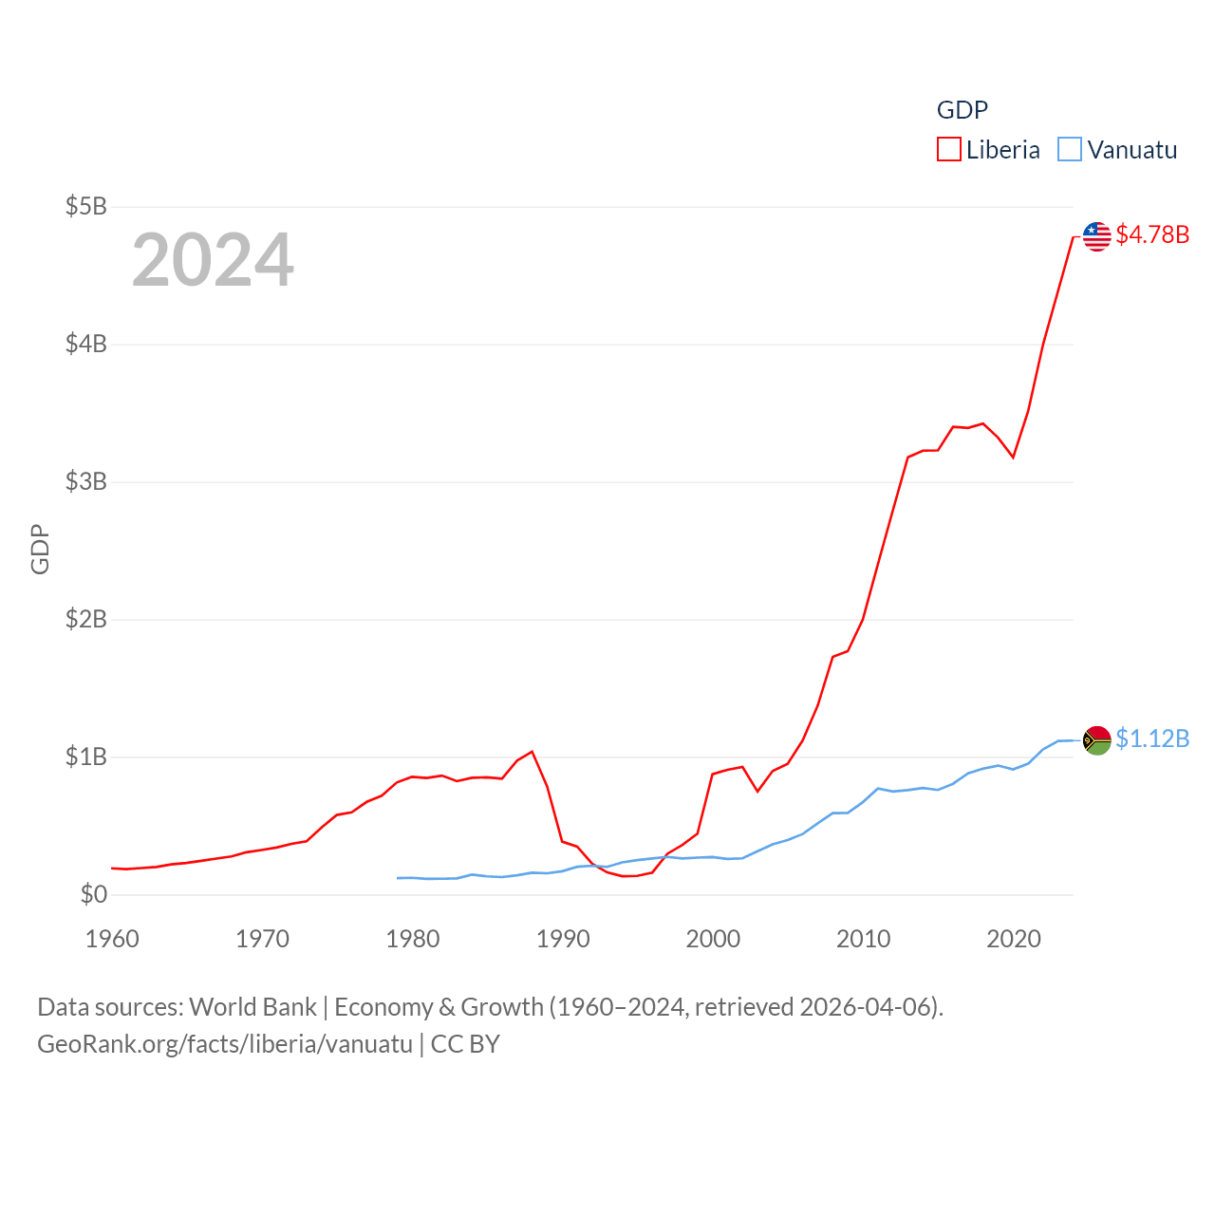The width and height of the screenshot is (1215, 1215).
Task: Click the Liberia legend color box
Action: (948, 150)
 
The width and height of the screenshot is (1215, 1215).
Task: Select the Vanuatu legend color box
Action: (1069, 150)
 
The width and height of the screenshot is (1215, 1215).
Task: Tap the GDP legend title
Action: (962, 110)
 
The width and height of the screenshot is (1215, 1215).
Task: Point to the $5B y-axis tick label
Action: (85, 206)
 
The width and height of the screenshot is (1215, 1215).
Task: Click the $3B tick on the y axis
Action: (85, 481)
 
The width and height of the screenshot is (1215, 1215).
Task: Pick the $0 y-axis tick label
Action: (93, 894)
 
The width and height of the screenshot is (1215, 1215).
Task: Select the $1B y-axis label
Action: (85, 757)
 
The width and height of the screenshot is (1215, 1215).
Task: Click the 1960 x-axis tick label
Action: (112, 939)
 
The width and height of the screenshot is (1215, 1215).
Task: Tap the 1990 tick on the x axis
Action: (563, 939)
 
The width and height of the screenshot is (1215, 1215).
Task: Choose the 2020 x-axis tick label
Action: (1014, 939)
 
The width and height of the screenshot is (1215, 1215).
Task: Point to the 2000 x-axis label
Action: (713, 939)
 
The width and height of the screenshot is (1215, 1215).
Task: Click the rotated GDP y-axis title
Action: (40, 549)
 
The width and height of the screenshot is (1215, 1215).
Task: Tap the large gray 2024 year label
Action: (213, 260)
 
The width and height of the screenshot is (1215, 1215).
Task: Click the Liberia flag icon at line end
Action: (1096, 236)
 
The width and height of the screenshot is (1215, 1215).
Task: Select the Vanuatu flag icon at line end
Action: (1096, 740)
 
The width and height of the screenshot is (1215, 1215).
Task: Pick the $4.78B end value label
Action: (1152, 234)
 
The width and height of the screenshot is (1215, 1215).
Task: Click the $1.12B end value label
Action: (1152, 738)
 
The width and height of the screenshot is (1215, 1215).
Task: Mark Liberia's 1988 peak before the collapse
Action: (533, 752)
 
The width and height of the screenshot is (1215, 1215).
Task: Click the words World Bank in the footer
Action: (252, 1006)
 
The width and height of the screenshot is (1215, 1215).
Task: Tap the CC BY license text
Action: (465, 1044)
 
